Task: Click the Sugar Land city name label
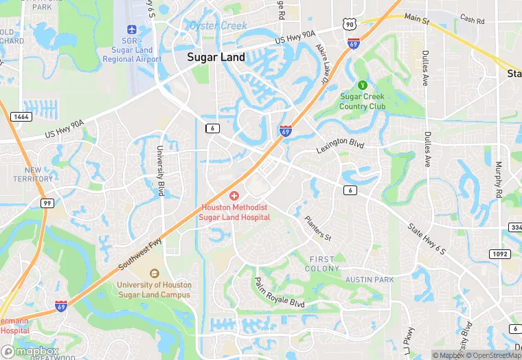coord(216,58)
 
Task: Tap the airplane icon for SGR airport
coord(132,30)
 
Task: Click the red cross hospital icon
coord(234,196)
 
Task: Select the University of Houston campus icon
coord(154,273)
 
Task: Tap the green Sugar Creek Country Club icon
coord(362,85)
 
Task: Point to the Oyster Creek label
coord(218,27)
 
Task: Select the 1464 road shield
coord(21,117)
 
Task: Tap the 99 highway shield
coord(47,203)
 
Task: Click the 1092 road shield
coord(499,254)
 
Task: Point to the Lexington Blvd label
coord(339,147)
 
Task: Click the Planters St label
coord(317,229)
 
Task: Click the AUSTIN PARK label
coord(370,280)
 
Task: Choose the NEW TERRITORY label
coord(33,174)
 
